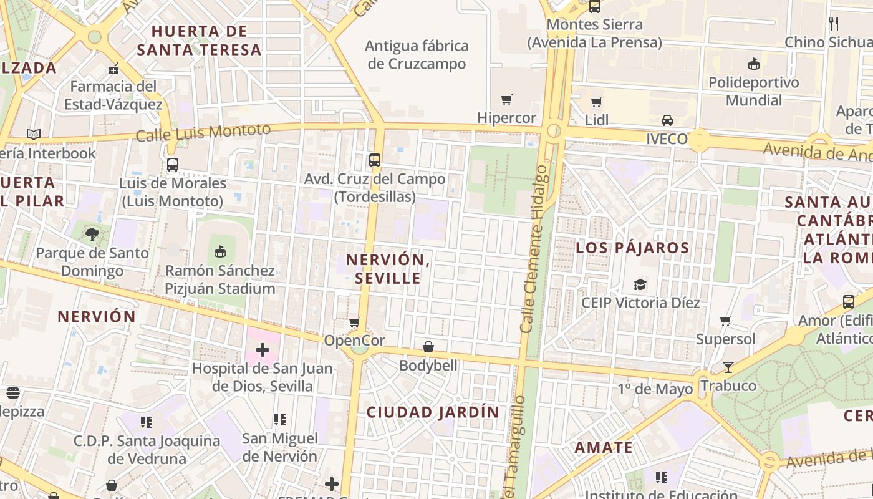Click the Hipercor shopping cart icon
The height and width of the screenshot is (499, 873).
[506, 99]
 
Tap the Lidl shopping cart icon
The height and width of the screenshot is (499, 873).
[597, 102]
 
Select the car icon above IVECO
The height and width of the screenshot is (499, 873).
[667, 120]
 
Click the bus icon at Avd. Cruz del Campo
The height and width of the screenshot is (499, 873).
[374, 160]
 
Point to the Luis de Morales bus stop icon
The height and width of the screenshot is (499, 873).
[173, 165]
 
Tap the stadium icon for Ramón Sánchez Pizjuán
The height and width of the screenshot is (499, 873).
[219, 252]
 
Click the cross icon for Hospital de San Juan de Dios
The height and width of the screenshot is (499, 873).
[263, 349]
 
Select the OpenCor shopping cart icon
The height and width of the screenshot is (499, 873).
[354, 322]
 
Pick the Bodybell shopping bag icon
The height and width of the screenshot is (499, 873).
[428, 347]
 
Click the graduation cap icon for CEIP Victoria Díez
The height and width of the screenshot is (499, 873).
[640, 284]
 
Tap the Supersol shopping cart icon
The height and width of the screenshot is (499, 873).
[725, 321]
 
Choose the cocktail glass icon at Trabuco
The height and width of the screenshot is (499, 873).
[728, 367]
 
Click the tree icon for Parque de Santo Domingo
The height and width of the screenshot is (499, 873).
[92, 235]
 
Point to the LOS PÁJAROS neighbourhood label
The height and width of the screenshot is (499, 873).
[632, 248]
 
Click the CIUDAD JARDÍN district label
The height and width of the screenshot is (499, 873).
[433, 412]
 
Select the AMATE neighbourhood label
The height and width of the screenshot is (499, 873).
[604, 448]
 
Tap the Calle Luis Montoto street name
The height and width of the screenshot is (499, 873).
[203, 132]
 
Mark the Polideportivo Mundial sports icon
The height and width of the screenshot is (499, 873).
[753, 64]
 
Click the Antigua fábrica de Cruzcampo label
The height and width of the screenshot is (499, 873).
[417, 55]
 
